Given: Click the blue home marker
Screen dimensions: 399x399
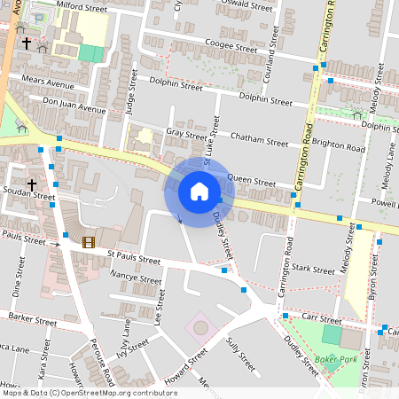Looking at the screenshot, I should pos(199,192).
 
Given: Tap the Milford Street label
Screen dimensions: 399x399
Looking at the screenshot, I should pos(82,6).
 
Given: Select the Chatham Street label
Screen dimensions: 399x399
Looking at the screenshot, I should pos(259,139).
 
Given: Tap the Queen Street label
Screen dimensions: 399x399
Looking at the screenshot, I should pos(251,181).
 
